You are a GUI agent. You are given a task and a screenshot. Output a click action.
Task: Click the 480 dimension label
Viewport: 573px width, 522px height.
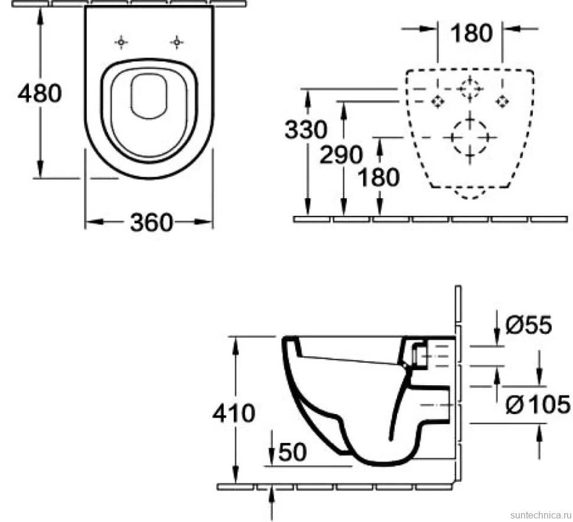[40, 93]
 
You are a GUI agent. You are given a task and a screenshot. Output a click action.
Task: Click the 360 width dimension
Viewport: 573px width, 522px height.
[151, 222]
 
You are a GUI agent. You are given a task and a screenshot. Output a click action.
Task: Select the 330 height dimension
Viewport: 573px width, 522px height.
[306, 130]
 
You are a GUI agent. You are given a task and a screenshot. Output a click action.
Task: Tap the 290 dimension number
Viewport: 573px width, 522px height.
[341, 155]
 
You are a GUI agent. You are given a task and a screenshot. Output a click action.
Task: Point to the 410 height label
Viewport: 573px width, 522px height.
[234, 413]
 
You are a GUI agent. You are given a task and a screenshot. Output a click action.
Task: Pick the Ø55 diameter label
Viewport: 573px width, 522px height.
[529, 324]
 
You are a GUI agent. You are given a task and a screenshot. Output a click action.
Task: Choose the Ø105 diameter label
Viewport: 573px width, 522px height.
[538, 404]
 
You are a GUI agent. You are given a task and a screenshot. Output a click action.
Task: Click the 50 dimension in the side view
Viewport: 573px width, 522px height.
[292, 452]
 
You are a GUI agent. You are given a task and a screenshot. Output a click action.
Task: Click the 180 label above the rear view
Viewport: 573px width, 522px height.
[471, 33]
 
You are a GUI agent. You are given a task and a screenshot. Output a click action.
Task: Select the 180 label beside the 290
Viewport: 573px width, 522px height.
[379, 178]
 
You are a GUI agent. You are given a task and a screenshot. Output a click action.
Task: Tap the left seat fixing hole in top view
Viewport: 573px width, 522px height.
[121, 42]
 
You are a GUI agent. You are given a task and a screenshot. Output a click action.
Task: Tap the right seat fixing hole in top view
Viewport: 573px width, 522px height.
[177, 42]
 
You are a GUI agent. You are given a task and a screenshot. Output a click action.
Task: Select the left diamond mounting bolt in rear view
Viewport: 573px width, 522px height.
[437, 101]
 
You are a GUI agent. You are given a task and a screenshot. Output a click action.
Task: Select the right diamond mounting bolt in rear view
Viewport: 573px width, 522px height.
[503, 101]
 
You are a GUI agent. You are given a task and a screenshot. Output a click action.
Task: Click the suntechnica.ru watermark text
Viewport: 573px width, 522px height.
[541, 515]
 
